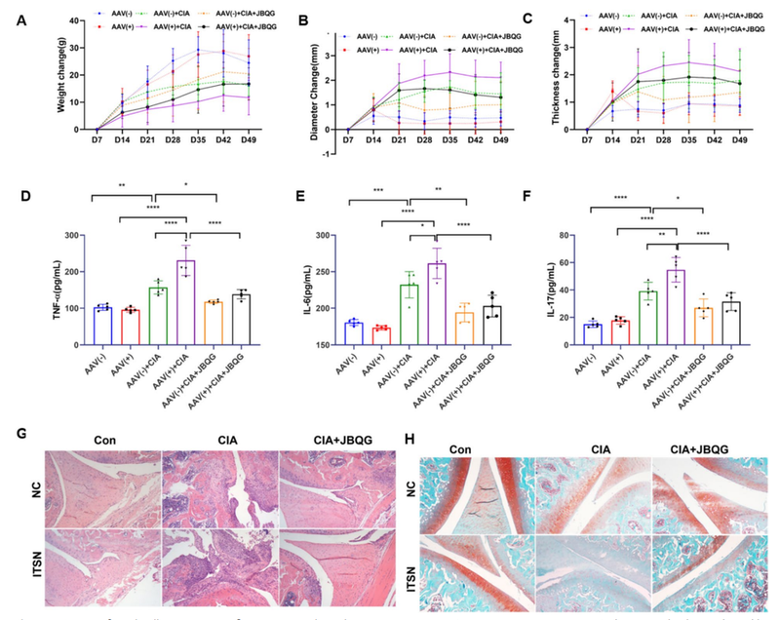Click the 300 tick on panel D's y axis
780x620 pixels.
click(x=70, y=235)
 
